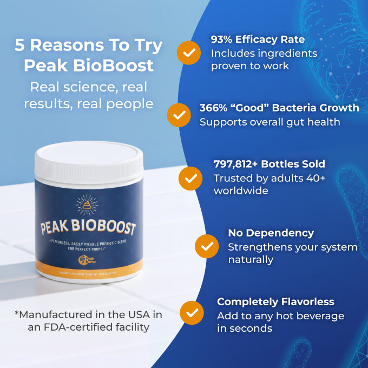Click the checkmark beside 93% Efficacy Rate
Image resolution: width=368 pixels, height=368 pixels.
point(189,52)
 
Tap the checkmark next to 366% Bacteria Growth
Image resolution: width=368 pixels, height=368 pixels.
point(179,114)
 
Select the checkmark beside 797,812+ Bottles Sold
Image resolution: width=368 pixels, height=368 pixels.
point(191,177)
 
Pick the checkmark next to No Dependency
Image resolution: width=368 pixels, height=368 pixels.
point(206,246)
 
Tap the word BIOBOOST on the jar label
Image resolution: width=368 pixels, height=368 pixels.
point(106,228)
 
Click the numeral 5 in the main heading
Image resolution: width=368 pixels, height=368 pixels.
point(20,46)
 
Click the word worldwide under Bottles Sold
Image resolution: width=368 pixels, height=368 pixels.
point(240,190)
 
